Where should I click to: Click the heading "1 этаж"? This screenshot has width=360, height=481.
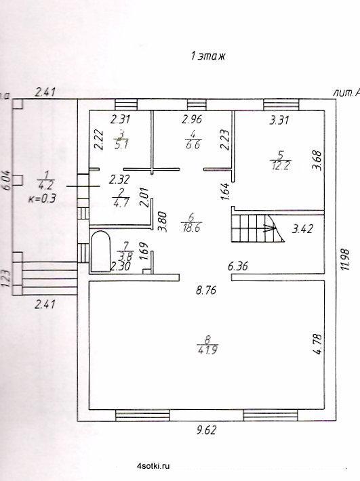pos(207,56)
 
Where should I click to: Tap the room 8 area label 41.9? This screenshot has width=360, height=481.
pos(207,350)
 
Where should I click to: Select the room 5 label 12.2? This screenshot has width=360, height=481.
pos(281,166)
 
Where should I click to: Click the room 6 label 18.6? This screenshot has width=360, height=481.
pos(191,228)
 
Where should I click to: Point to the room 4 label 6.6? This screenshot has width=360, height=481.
pos(193,144)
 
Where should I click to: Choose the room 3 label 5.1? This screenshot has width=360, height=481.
pos(121,144)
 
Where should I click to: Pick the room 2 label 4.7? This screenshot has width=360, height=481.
pos(121,203)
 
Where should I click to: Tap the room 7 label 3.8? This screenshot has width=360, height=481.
pos(125,256)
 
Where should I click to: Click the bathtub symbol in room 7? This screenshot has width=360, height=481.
pos(100,251)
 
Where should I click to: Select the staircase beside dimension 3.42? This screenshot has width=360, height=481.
pos(257,228)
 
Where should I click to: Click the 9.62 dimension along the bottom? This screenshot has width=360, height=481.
pos(206,430)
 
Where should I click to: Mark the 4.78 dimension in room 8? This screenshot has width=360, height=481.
pos(318,344)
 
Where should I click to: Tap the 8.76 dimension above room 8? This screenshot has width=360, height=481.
pos(206,290)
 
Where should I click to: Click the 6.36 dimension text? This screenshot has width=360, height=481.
pos(238,266)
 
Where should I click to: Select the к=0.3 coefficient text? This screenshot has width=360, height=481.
pos(42,198)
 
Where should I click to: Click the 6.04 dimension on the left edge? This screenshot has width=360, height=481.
pos(7,181)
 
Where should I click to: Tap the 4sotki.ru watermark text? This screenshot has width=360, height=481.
pos(154,465)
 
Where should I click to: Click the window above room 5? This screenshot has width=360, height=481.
pos(281,104)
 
